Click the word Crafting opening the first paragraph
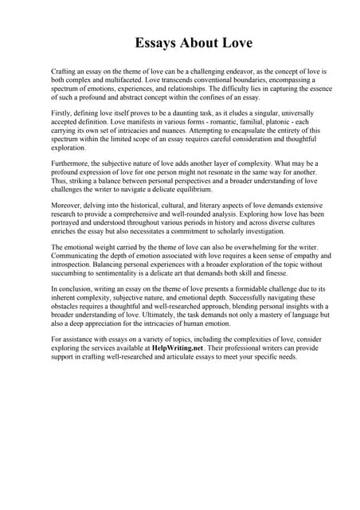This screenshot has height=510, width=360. [x=65, y=72]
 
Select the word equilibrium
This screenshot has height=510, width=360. [x=190, y=190]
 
